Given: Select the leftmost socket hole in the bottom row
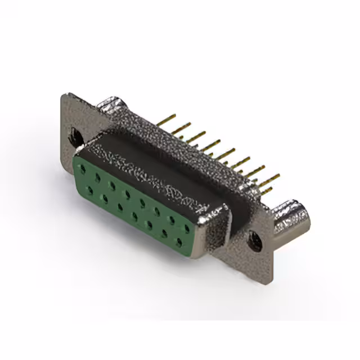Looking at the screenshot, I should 89,191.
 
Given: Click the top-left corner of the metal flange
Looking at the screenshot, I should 64,94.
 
